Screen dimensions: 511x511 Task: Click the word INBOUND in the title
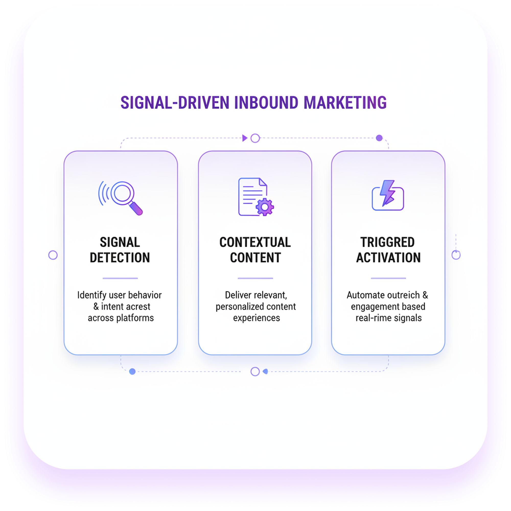(x=266, y=103)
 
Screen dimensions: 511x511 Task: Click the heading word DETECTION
(x=120, y=258)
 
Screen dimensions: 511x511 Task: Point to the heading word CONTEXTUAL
(x=255, y=242)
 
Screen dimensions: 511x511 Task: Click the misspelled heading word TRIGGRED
(x=388, y=242)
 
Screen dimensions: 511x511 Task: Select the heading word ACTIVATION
(x=388, y=258)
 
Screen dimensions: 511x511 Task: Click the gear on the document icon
(x=265, y=207)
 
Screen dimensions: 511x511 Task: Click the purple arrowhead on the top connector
(x=245, y=138)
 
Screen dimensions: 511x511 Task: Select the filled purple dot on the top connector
(x=379, y=138)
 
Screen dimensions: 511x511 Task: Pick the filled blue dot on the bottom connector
(x=133, y=371)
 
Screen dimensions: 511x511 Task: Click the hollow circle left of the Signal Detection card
(x=53, y=255)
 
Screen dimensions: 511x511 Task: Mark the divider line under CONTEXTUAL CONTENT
(x=255, y=278)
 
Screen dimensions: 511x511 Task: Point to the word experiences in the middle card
(x=256, y=318)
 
